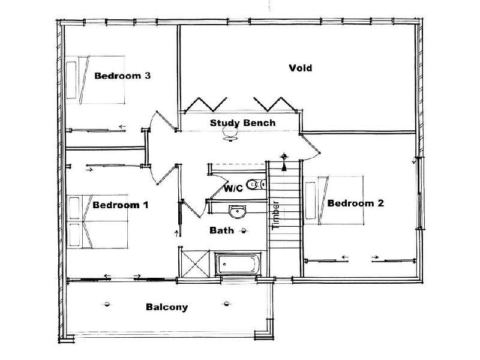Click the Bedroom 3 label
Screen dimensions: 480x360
[122, 76]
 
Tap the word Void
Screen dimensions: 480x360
[301, 68]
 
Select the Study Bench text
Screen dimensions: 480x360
[242, 123]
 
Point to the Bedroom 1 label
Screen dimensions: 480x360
[121, 205]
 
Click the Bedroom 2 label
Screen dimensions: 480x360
[355, 203]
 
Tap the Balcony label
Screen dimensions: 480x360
[167, 307]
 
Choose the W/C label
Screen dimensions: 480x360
[233, 188]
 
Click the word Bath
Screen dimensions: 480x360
[221, 230]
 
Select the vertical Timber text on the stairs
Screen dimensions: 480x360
[275, 215]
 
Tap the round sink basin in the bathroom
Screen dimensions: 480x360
[237, 212]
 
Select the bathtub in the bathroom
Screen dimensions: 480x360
[238, 264]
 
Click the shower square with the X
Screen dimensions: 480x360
[196, 263]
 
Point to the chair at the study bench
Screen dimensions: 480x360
[230, 133]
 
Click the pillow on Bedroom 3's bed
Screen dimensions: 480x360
[71, 80]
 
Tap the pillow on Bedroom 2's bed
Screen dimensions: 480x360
[310, 200]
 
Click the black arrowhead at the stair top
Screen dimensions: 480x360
[284, 167]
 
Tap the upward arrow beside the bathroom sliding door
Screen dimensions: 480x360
[176, 233]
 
